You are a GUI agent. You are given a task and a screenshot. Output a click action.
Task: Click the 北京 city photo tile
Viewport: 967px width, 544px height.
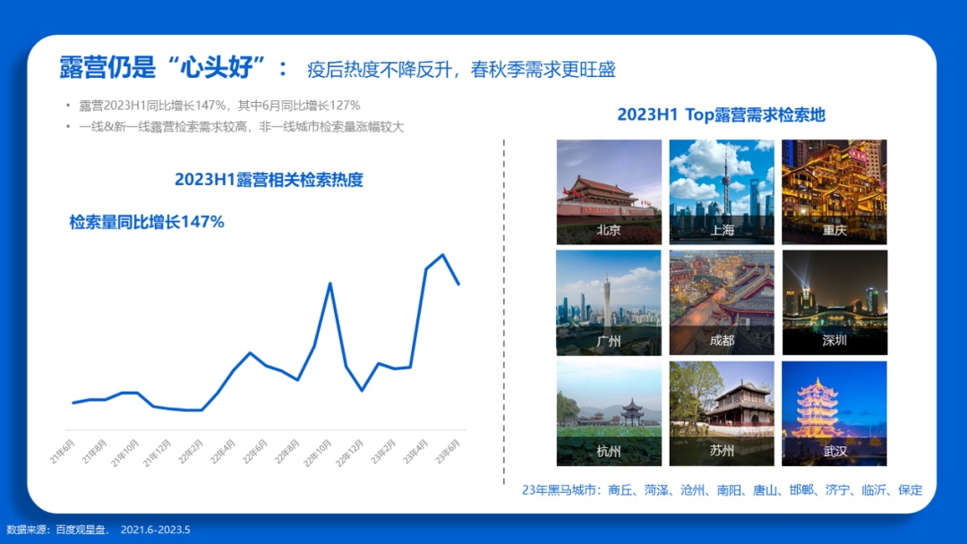click(609, 191)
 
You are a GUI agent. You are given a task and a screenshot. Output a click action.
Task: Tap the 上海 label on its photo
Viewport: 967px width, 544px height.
click(722, 231)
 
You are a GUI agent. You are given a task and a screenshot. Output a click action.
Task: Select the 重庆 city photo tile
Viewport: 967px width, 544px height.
click(834, 191)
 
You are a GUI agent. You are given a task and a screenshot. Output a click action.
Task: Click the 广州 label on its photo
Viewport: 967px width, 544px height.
click(609, 341)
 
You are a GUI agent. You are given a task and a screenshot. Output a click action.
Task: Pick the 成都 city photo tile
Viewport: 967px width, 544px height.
click(722, 302)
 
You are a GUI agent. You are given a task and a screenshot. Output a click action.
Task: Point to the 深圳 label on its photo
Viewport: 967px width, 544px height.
click(834, 341)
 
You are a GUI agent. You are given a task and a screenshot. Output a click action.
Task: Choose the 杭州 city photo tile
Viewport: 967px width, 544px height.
click(609, 413)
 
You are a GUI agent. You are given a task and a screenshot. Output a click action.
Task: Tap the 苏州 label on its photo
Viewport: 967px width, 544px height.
click(722, 451)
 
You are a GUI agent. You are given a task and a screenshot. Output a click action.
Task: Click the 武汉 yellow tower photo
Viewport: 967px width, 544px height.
click(834, 413)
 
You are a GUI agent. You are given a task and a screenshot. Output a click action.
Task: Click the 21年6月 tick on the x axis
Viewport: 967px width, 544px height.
click(63, 452)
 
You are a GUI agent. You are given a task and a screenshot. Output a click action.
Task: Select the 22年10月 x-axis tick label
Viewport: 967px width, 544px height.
click(318, 453)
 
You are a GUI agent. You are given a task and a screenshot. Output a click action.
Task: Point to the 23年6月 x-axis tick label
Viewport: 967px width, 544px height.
click(447, 452)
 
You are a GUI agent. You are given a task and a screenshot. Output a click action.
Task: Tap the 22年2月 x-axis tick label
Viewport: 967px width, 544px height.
click(191, 452)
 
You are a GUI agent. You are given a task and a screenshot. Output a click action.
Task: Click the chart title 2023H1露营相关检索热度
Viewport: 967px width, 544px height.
click(269, 180)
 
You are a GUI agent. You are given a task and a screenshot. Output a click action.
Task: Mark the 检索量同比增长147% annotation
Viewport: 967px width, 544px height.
click(146, 222)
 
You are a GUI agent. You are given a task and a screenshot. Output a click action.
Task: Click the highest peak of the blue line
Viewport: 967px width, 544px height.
click(443, 254)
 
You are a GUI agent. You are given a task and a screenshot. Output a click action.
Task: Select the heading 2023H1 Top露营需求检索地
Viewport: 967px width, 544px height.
click(721, 115)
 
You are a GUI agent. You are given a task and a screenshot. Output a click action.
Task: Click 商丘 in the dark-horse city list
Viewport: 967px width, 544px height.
click(621, 490)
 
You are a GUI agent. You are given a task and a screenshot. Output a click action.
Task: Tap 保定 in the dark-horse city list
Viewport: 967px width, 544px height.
click(911, 490)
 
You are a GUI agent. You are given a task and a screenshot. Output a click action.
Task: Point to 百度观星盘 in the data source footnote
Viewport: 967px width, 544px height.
click(81, 530)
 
